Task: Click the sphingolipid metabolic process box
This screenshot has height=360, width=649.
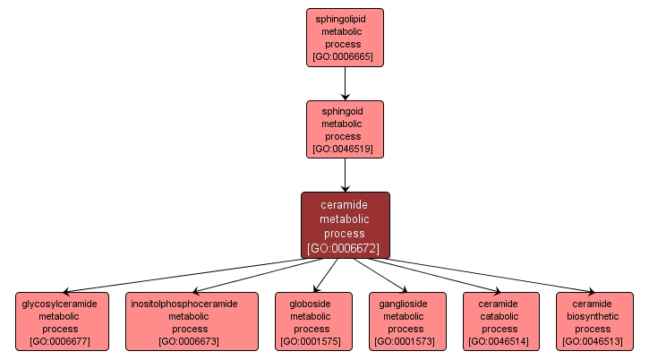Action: pyautogui.click(x=345, y=37)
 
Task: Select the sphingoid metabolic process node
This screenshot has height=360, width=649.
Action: pyautogui.click(x=345, y=129)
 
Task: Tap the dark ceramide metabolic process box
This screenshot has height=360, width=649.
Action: pyautogui.click(x=345, y=225)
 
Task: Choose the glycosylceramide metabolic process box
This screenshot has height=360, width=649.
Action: pyautogui.click(x=60, y=321)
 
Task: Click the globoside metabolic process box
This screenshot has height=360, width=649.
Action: pyautogui.click(x=311, y=321)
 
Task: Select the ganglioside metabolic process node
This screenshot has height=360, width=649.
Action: pyautogui.click(x=405, y=321)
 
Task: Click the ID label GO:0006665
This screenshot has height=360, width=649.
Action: pyautogui.click(x=345, y=56)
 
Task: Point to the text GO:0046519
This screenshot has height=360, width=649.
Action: pyautogui.click(x=345, y=149)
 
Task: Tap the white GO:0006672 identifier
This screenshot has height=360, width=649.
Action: pyautogui.click(x=345, y=248)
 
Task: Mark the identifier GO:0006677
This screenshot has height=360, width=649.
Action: pyautogui.click(x=60, y=341)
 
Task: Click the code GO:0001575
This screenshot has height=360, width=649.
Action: pyautogui.click(x=311, y=341)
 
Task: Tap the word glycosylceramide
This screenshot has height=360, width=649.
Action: pyautogui.click(x=60, y=304)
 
